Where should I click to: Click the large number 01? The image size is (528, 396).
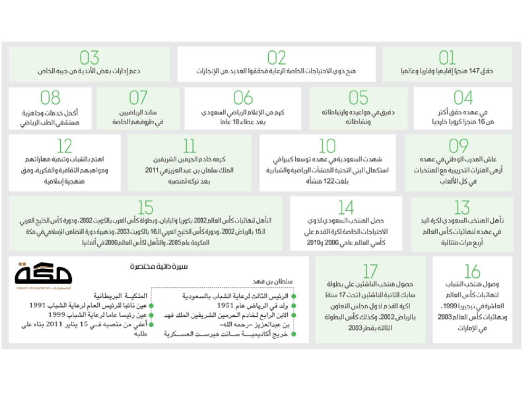coord(447,58)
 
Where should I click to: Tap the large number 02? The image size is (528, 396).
coord(276,58)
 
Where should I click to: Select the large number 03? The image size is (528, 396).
coord(89,58)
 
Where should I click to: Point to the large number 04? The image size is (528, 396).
coord(463,98)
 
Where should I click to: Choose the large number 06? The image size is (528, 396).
coord(243,98)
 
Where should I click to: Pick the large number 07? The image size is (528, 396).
coord(138,98)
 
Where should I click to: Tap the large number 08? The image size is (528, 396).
coord(50,98)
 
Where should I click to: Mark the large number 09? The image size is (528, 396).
coord(458,146)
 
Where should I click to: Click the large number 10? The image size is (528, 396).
coord(327,146)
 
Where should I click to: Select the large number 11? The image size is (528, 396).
coord(189,146)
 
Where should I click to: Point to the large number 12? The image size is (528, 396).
coord(64,146)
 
